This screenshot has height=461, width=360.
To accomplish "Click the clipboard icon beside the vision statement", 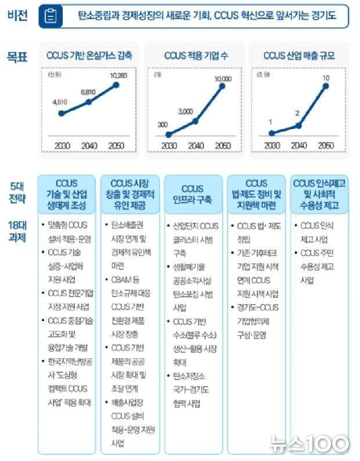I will click(51, 16).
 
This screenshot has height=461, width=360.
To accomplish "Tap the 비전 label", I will click(17, 16).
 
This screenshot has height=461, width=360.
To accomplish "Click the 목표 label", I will click(17, 57).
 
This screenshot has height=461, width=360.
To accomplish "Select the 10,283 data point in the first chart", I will click(116, 85).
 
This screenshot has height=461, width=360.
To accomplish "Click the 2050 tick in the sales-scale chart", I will click(326, 145).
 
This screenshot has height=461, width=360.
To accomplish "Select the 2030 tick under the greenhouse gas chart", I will click(61, 145).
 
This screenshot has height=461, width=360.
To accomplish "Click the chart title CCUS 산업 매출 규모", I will click(298, 56).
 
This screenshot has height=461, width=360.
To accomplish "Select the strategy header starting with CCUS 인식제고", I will click(320, 195).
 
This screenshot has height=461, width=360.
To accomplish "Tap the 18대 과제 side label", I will click(17, 230).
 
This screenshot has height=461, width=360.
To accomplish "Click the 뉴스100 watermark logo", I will click(310, 444).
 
